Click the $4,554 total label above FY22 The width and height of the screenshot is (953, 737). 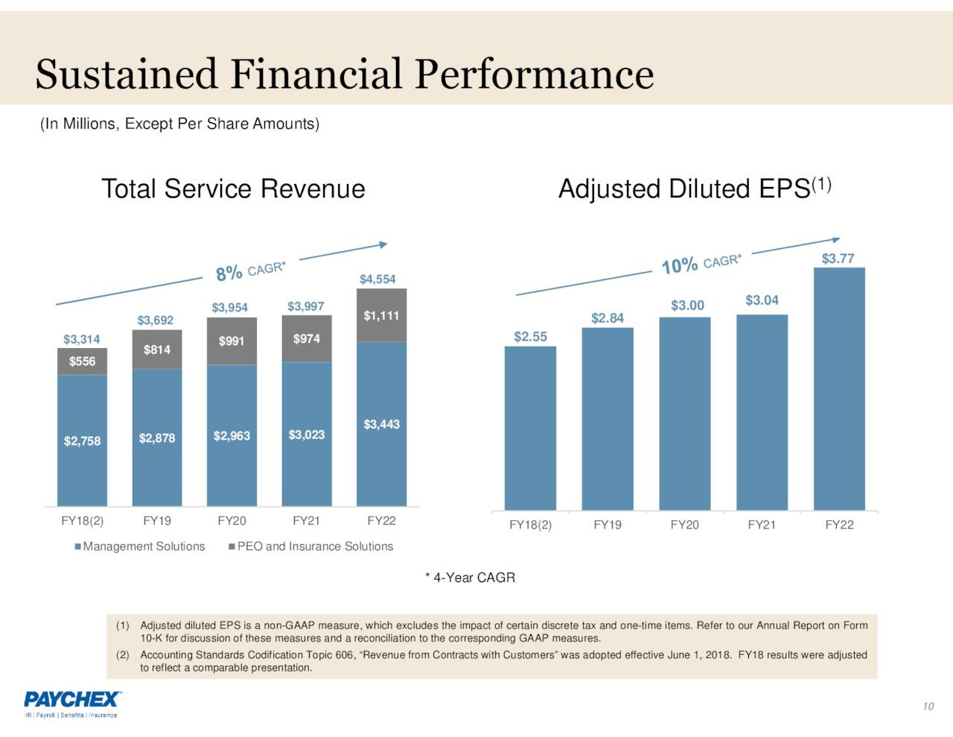pos(377,279)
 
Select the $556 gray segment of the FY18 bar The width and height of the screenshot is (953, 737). pos(82,361)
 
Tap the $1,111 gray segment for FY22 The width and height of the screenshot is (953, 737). pos(381,316)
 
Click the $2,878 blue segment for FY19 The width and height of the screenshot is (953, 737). pos(157,438)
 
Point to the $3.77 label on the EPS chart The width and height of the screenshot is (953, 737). pos(838,259)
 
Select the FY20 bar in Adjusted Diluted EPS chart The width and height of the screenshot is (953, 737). pos(684,414)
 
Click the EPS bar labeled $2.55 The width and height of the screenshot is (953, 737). pos(530,428)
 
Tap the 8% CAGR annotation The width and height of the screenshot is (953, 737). pos(250,271)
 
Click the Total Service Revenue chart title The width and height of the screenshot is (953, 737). pos(233,189)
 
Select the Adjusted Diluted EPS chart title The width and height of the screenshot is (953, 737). pos(694,189)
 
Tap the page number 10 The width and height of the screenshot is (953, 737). pos(928,706)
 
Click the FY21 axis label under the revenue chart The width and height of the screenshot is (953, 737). pos(306,521)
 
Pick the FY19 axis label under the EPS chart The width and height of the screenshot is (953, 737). pos(608,525)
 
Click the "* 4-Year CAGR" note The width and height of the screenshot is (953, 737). pos(470,578)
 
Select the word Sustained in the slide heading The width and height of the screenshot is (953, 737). pos(126,75)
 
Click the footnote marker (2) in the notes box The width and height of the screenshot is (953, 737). pos(123,655)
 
